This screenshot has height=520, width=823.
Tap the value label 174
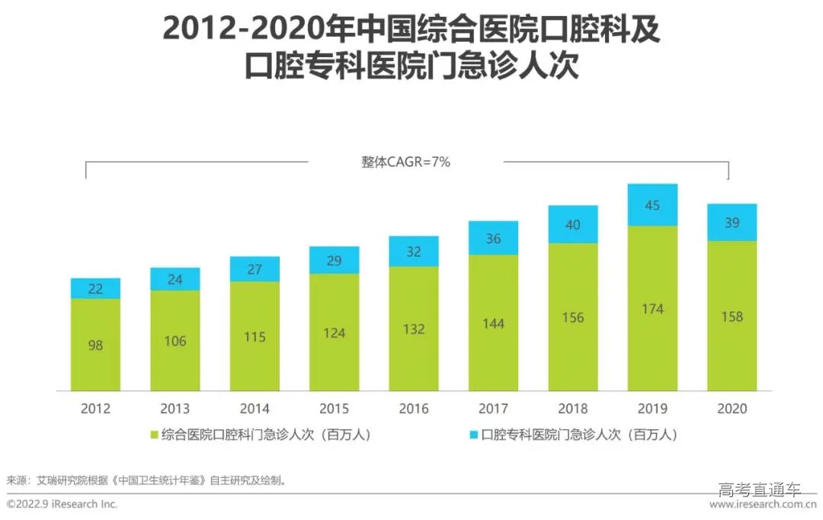point(652,309)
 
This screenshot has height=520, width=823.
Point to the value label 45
point(652,205)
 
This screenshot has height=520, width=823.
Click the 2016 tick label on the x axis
point(414,409)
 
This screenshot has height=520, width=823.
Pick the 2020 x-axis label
point(732,409)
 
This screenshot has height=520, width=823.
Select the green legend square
point(155,435)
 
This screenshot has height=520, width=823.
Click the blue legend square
point(473,435)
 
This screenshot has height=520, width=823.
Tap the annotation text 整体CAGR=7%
point(405,162)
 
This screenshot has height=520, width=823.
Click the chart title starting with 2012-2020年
point(411,47)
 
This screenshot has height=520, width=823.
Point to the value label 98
point(95,345)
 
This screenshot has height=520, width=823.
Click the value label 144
point(493,324)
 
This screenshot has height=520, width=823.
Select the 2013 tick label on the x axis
point(175,409)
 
